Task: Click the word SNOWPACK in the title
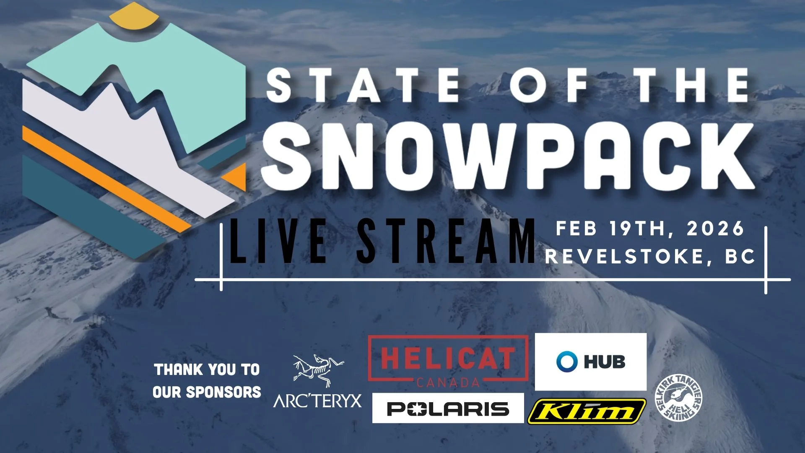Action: (x=507, y=156)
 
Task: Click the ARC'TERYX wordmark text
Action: (x=317, y=401)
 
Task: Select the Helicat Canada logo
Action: (x=447, y=361)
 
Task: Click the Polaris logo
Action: (x=448, y=408)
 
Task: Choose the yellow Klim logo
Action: (x=587, y=411)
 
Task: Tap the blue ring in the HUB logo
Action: (x=567, y=361)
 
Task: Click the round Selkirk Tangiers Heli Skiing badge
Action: (x=679, y=397)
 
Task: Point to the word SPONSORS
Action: (x=223, y=392)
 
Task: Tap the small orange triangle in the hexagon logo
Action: (x=236, y=176)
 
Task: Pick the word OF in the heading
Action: (x=548, y=86)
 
